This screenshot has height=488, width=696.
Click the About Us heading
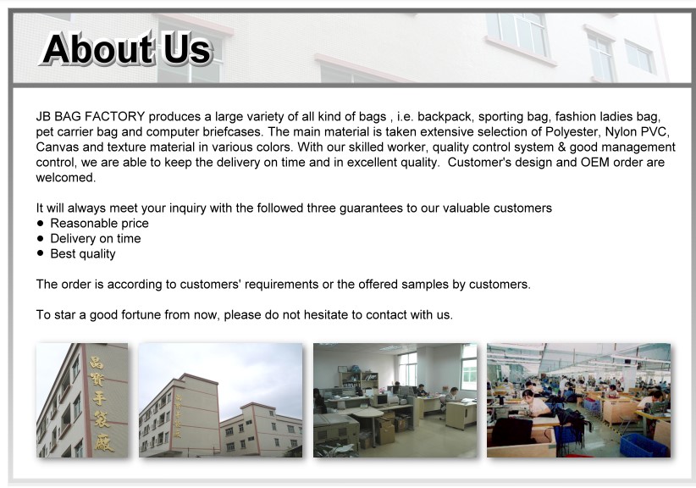pyautogui.click(x=127, y=49)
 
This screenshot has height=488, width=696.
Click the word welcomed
pyautogui.click(x=66, y=178)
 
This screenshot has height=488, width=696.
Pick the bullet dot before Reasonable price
pyautogui.click(x=41, y=223)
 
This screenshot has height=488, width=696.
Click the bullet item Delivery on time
pyautogui.click(x=96, y=238)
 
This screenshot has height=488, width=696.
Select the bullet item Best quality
pyautogui.click(x=83, y=254)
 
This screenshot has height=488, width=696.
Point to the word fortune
pyautogui.click(x=141, y=315)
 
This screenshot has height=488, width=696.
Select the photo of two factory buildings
pyautogui.click(x=221, y=400)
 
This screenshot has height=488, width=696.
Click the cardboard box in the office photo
pyautogui.click(x=385, y=430)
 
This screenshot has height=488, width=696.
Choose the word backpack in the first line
pyautogui.click(x=445, y=117)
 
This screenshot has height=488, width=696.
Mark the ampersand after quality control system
pyautogui.click(x=561, y=147)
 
